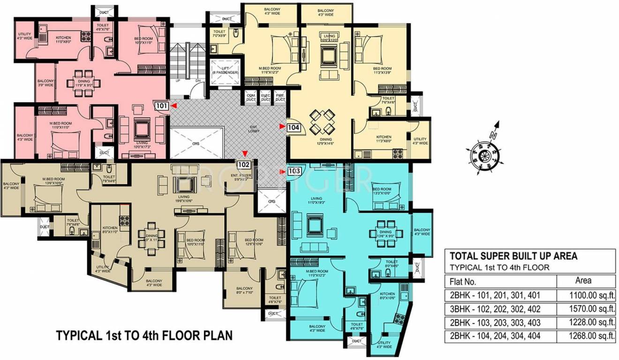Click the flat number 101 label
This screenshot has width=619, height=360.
pos(161,106)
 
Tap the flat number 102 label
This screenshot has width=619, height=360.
pos(243,165)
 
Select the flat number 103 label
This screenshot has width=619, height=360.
pos(294,171)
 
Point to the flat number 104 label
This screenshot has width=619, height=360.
pos(294,127)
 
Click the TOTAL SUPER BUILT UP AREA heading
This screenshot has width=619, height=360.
pos(513,256)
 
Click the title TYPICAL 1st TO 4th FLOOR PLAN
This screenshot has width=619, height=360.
pos(144,336)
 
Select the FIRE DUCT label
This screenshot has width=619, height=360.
pos(280,97)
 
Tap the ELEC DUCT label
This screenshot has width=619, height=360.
pos(265,97)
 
